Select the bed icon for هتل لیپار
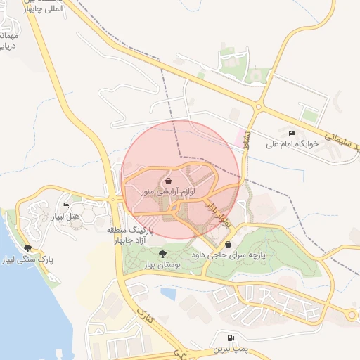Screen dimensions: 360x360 pos(65,205)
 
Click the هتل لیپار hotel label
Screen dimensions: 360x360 pos(64,215)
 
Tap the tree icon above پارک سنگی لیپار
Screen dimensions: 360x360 pos(27,247)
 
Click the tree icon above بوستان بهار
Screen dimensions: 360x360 pos(162,254)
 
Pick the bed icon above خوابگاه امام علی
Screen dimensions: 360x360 pos(292,133)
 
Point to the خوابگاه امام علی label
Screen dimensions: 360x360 pos(292,143)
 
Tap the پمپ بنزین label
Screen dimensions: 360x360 pos(230,349)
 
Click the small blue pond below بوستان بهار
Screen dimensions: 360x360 pos(168,292)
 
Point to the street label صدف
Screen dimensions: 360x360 pos(247,143)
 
